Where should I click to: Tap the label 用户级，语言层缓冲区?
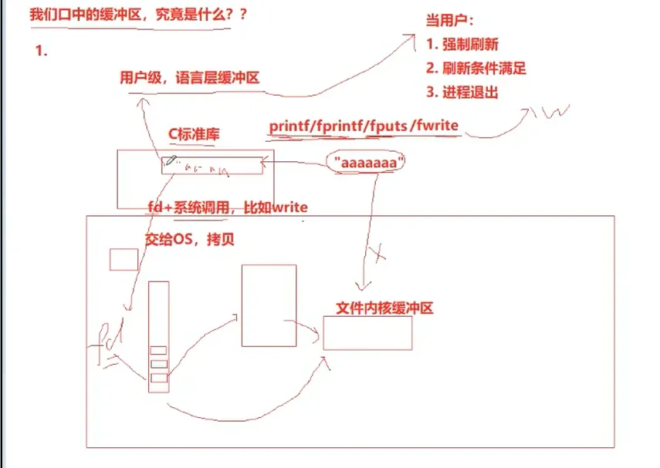point(189,77)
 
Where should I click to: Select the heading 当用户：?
point(451,21)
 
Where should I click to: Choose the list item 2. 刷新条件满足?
point(476,68)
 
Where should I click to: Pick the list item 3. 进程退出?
point(462,93)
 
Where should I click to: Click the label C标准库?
point(195,134)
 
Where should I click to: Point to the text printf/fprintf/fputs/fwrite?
point(365,126)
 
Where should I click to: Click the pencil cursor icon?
point(171,162)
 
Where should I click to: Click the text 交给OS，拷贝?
point(189,240)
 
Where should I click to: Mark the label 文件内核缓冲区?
point(384,308)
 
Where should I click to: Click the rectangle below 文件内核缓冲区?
point(367,333)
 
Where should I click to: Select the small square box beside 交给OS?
point(124,259)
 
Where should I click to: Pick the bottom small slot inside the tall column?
point(158,378)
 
